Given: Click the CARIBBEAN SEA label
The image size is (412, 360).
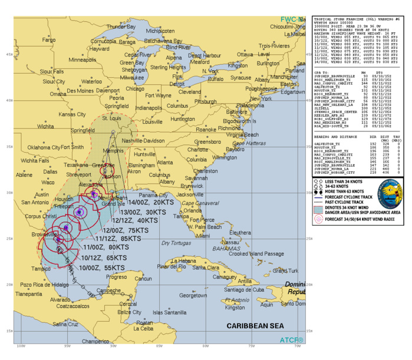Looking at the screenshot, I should pos(256,325).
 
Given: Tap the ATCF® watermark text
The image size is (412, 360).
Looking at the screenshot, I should pos(292,340).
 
